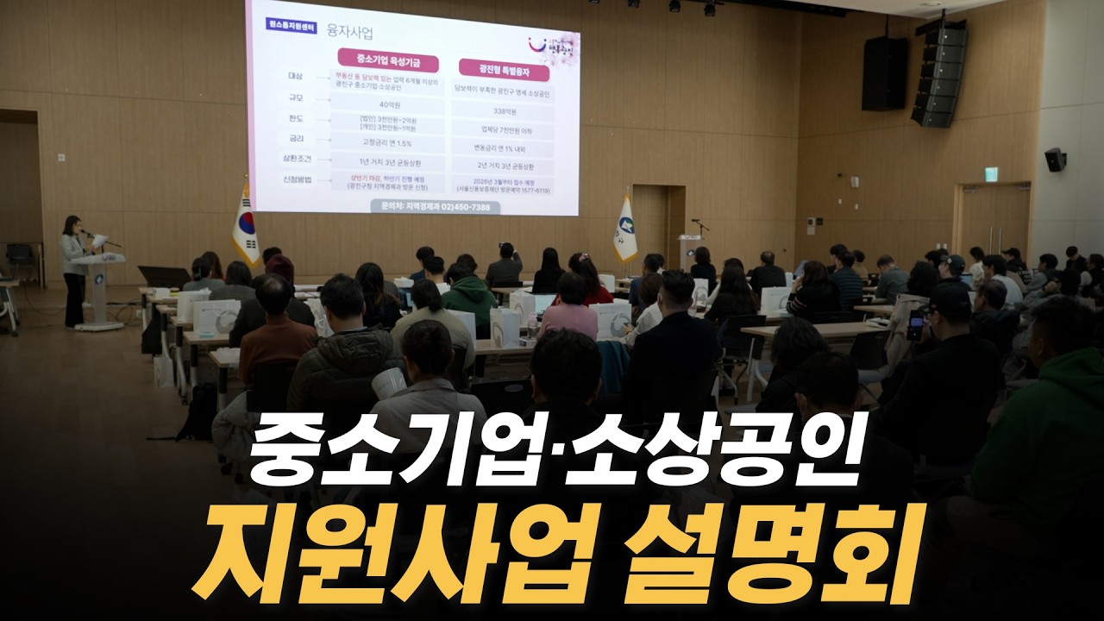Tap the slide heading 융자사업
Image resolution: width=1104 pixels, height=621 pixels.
pos(349,33)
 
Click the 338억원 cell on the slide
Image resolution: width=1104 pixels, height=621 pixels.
pos(503,111)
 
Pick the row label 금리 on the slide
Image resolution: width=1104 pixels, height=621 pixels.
pos(296,138)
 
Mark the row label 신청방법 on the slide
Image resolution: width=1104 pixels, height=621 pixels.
pos(296,180)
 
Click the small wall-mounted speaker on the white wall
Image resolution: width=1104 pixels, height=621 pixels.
pos(1055,160)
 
